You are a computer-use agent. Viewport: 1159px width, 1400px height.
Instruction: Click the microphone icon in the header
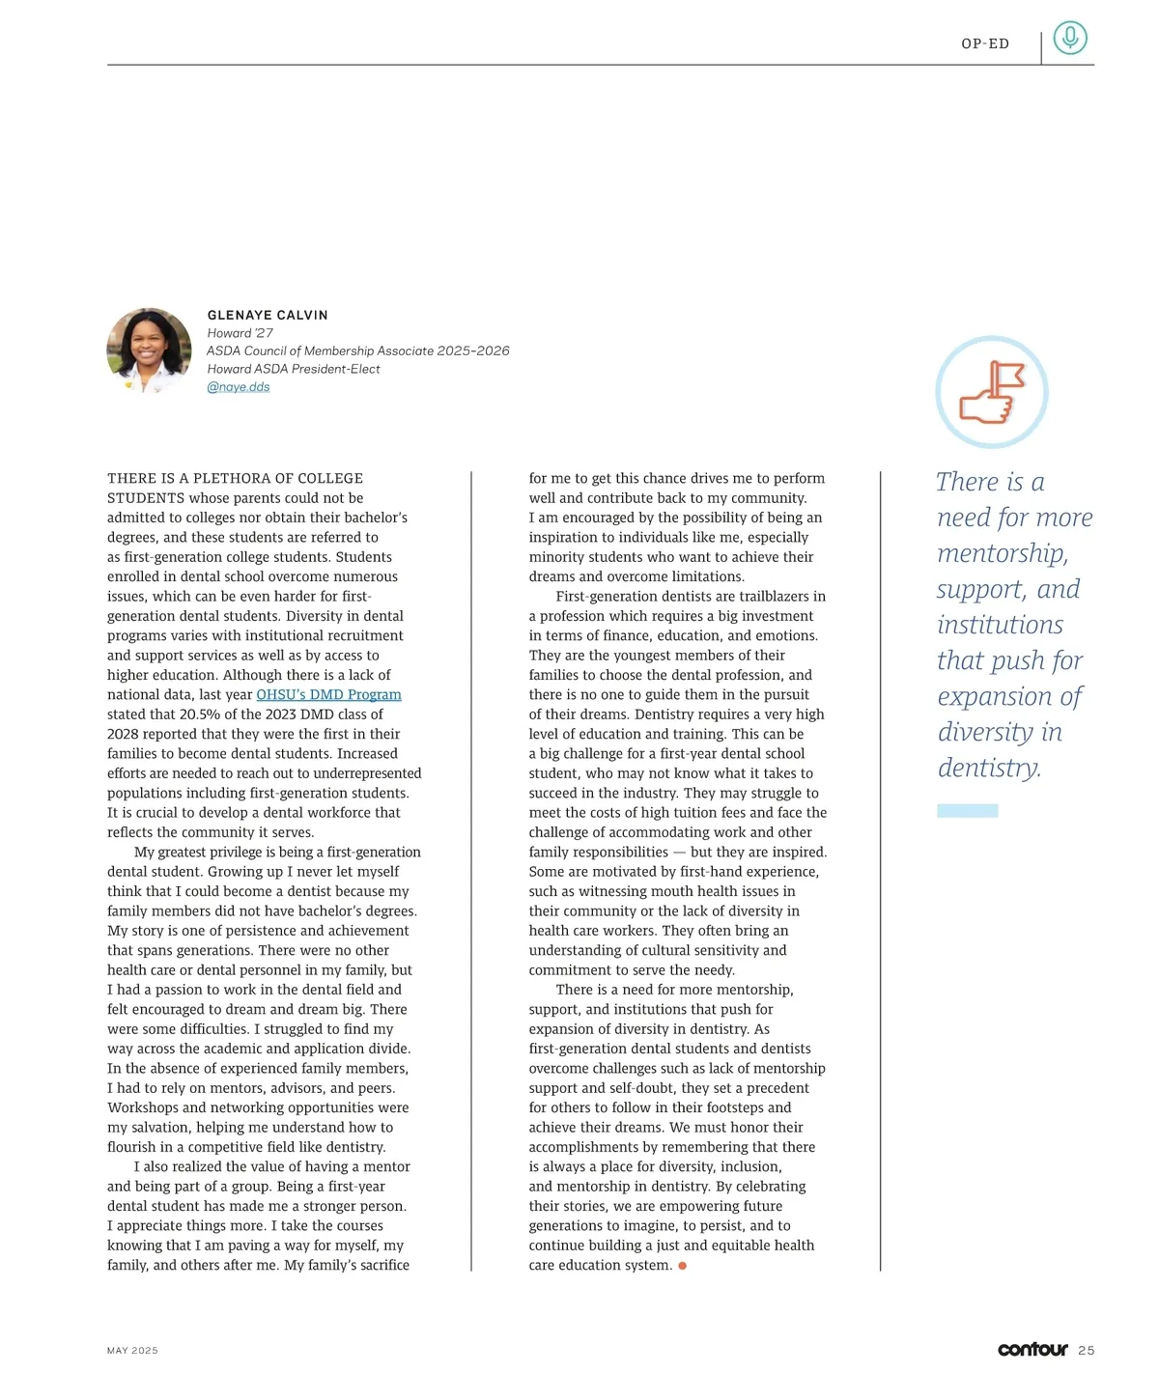pos(1069,38)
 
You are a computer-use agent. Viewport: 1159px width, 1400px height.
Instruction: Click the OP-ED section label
pos(985,43)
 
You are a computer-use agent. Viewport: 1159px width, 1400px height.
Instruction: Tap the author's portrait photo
pos(149,350)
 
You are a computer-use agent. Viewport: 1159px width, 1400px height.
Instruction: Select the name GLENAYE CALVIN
pos(268,315)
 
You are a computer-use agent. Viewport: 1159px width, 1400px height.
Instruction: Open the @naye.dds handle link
pos(239,387)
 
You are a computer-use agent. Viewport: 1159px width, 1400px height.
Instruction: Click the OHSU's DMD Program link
pos(328,694)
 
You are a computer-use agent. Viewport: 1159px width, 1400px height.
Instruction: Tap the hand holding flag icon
pos(991,393)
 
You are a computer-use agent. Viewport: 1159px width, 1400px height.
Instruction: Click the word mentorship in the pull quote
pos(1003,553)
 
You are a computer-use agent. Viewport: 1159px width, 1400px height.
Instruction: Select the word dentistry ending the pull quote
pos(988,768)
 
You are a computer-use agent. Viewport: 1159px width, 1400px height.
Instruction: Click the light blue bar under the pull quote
pos(967,811)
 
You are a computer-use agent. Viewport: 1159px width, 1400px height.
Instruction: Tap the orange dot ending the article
pos(682,1266)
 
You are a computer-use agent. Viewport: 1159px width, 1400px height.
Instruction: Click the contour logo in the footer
pos(1032,1349)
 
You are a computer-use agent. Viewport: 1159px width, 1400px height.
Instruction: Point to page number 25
pos(1087,1351)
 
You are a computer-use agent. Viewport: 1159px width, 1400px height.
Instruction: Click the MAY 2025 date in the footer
pos(132,1351)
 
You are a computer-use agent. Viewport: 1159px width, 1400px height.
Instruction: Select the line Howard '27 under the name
pos(240,333)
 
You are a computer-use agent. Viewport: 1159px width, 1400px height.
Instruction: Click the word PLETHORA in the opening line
pos(229,479)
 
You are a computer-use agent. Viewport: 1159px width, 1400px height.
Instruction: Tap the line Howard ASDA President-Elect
pos(294,369)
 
